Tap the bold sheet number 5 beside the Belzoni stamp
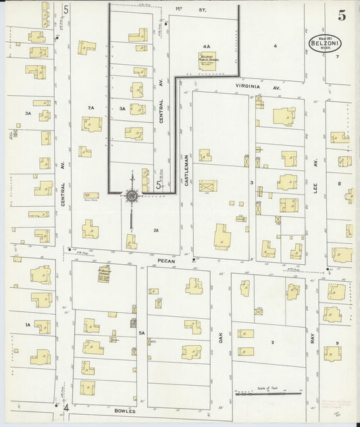click(342, 16)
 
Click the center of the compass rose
click(132, 196)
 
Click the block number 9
click(337, 343)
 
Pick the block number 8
click(338, 183)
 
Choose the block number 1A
click(28, 325)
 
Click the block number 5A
click(142, 333)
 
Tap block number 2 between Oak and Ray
click(273, 343)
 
